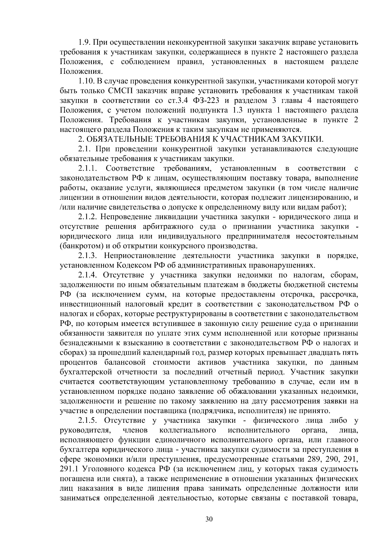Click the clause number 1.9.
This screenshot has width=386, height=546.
pos(85,42)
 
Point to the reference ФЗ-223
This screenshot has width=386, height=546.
pos(206,101)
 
